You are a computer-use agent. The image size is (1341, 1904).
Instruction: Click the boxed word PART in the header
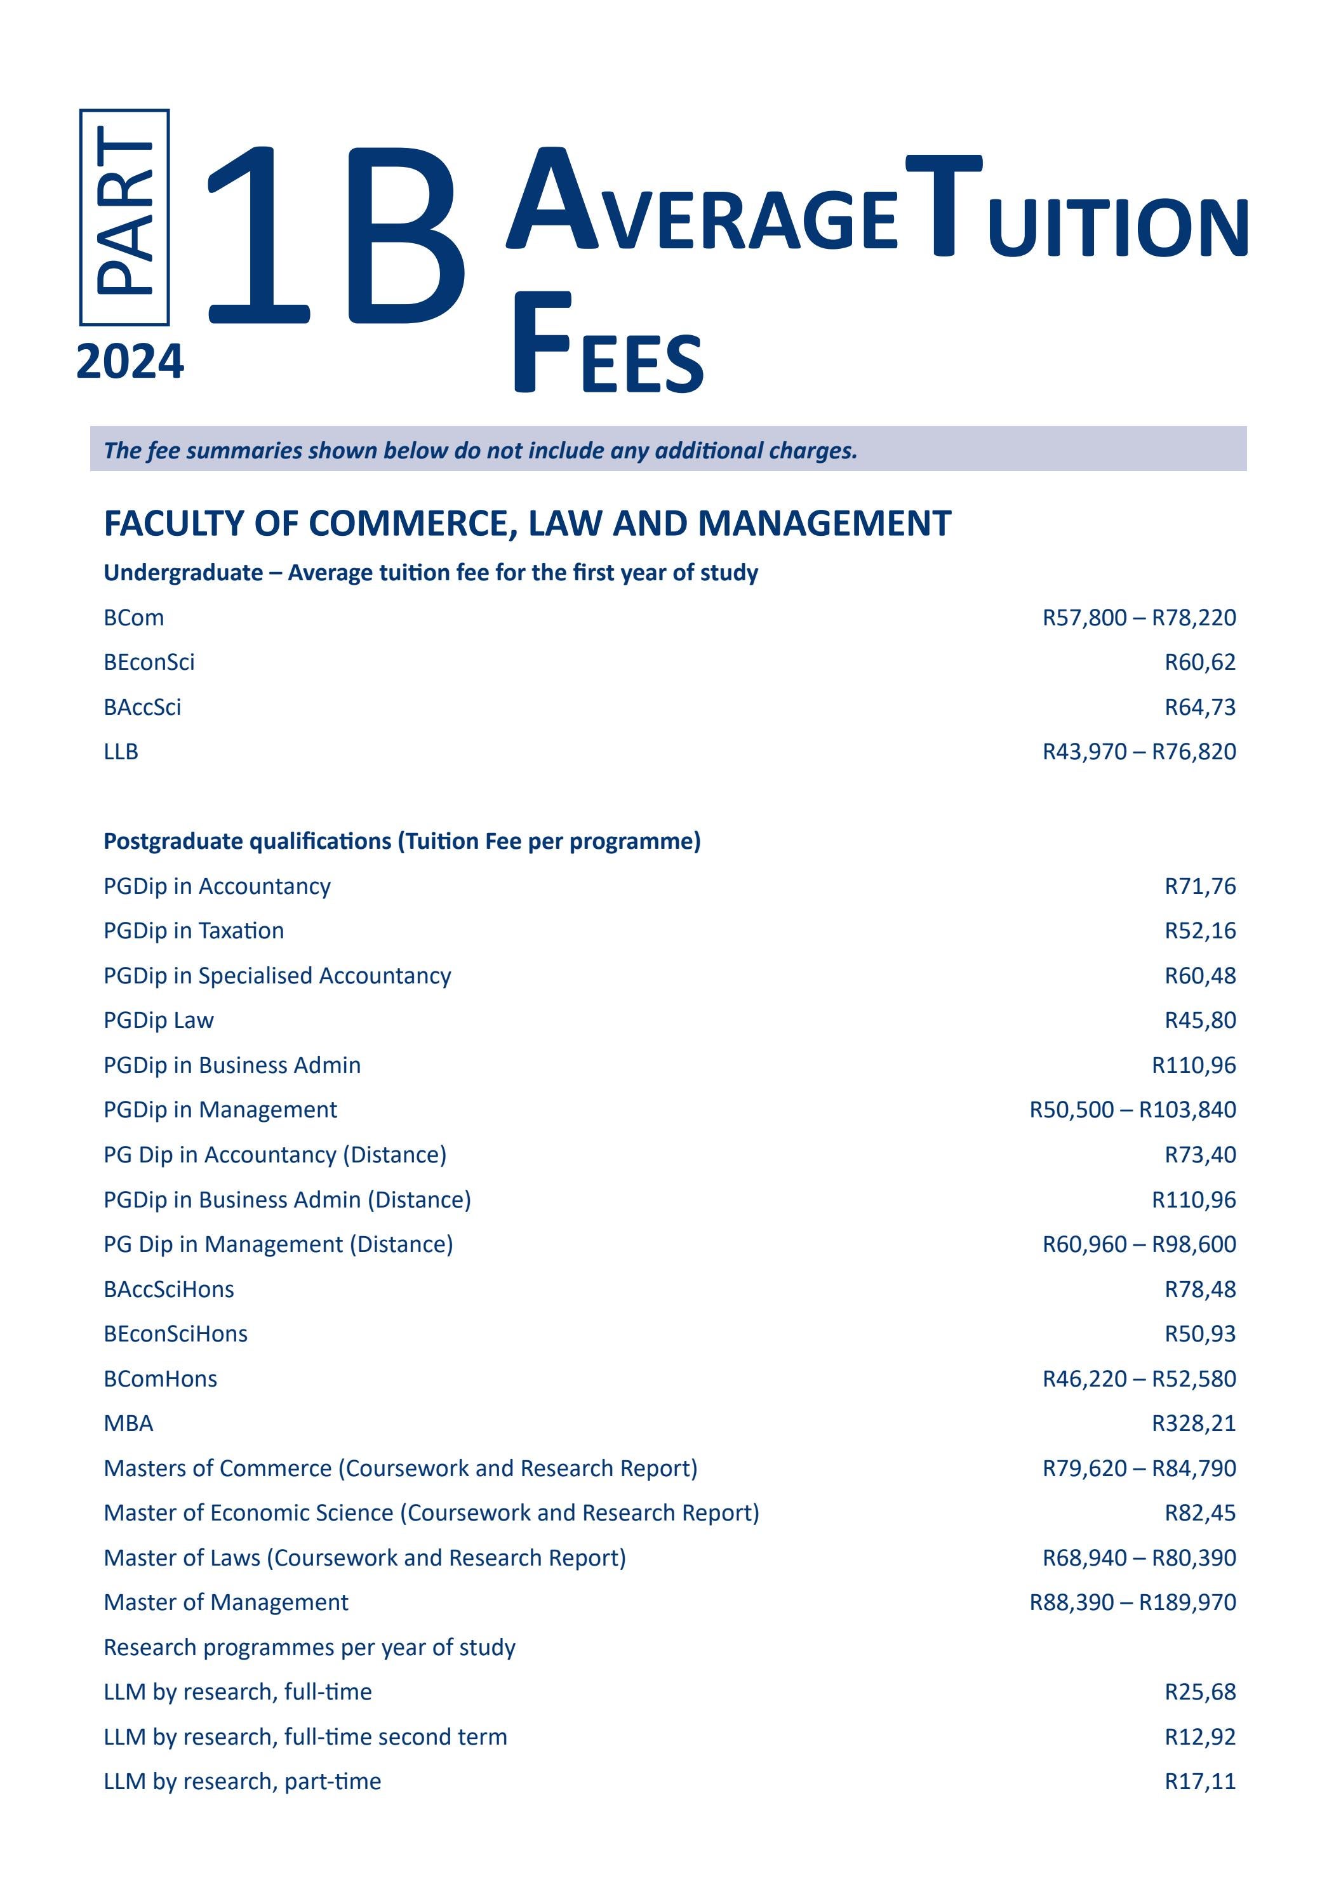point(124,217)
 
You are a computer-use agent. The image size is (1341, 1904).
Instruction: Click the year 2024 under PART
point(130,363)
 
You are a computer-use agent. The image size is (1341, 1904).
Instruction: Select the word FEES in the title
point(608,344)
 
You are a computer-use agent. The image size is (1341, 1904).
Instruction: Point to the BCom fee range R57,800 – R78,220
point(1138,618)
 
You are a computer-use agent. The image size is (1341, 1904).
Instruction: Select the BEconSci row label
point(149,663)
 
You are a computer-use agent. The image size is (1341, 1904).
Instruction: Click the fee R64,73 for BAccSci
point(1199,707)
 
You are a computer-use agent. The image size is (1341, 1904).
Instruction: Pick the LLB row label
point(121,752)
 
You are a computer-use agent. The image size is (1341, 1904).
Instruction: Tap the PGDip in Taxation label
point(193,931)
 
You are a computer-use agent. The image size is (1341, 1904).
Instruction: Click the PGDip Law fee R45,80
point(1199,1021)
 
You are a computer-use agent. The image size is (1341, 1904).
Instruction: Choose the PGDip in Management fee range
point(1132,1110)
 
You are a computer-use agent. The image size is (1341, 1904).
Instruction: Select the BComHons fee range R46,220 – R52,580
point(1138,1379)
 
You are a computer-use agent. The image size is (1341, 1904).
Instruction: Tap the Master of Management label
point(225,1603)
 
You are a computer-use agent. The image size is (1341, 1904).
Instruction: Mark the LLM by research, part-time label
point(242,1782)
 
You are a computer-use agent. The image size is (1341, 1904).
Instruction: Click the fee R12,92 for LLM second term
point(1199,1737)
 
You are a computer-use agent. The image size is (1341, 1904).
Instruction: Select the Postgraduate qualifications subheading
point(401,842)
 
